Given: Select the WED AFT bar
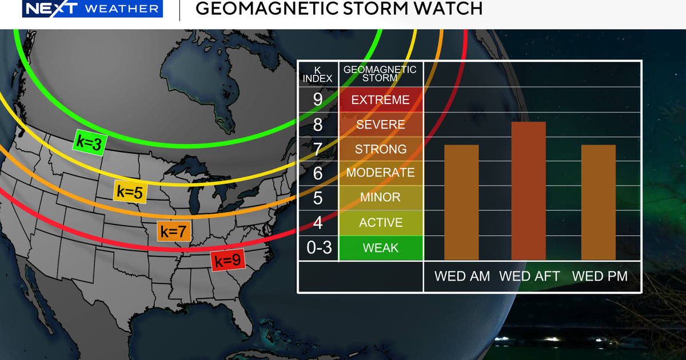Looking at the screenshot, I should coord(528,190).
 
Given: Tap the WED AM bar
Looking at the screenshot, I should coord(461,202).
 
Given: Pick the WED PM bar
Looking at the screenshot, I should coord(599,202).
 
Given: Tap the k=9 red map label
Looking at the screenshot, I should coord(226,261).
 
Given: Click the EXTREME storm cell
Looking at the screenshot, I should coord(381,100).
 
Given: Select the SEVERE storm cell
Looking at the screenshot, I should coord(381,125).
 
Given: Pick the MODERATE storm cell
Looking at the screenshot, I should coord(381,173).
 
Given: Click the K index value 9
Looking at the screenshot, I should coord(318,100).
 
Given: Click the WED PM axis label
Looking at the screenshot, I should coord(600,277).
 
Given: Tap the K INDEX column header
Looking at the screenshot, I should coord(318,74).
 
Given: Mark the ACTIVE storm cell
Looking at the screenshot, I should coord(381,223).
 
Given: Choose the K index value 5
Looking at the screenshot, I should coord(318,198).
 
